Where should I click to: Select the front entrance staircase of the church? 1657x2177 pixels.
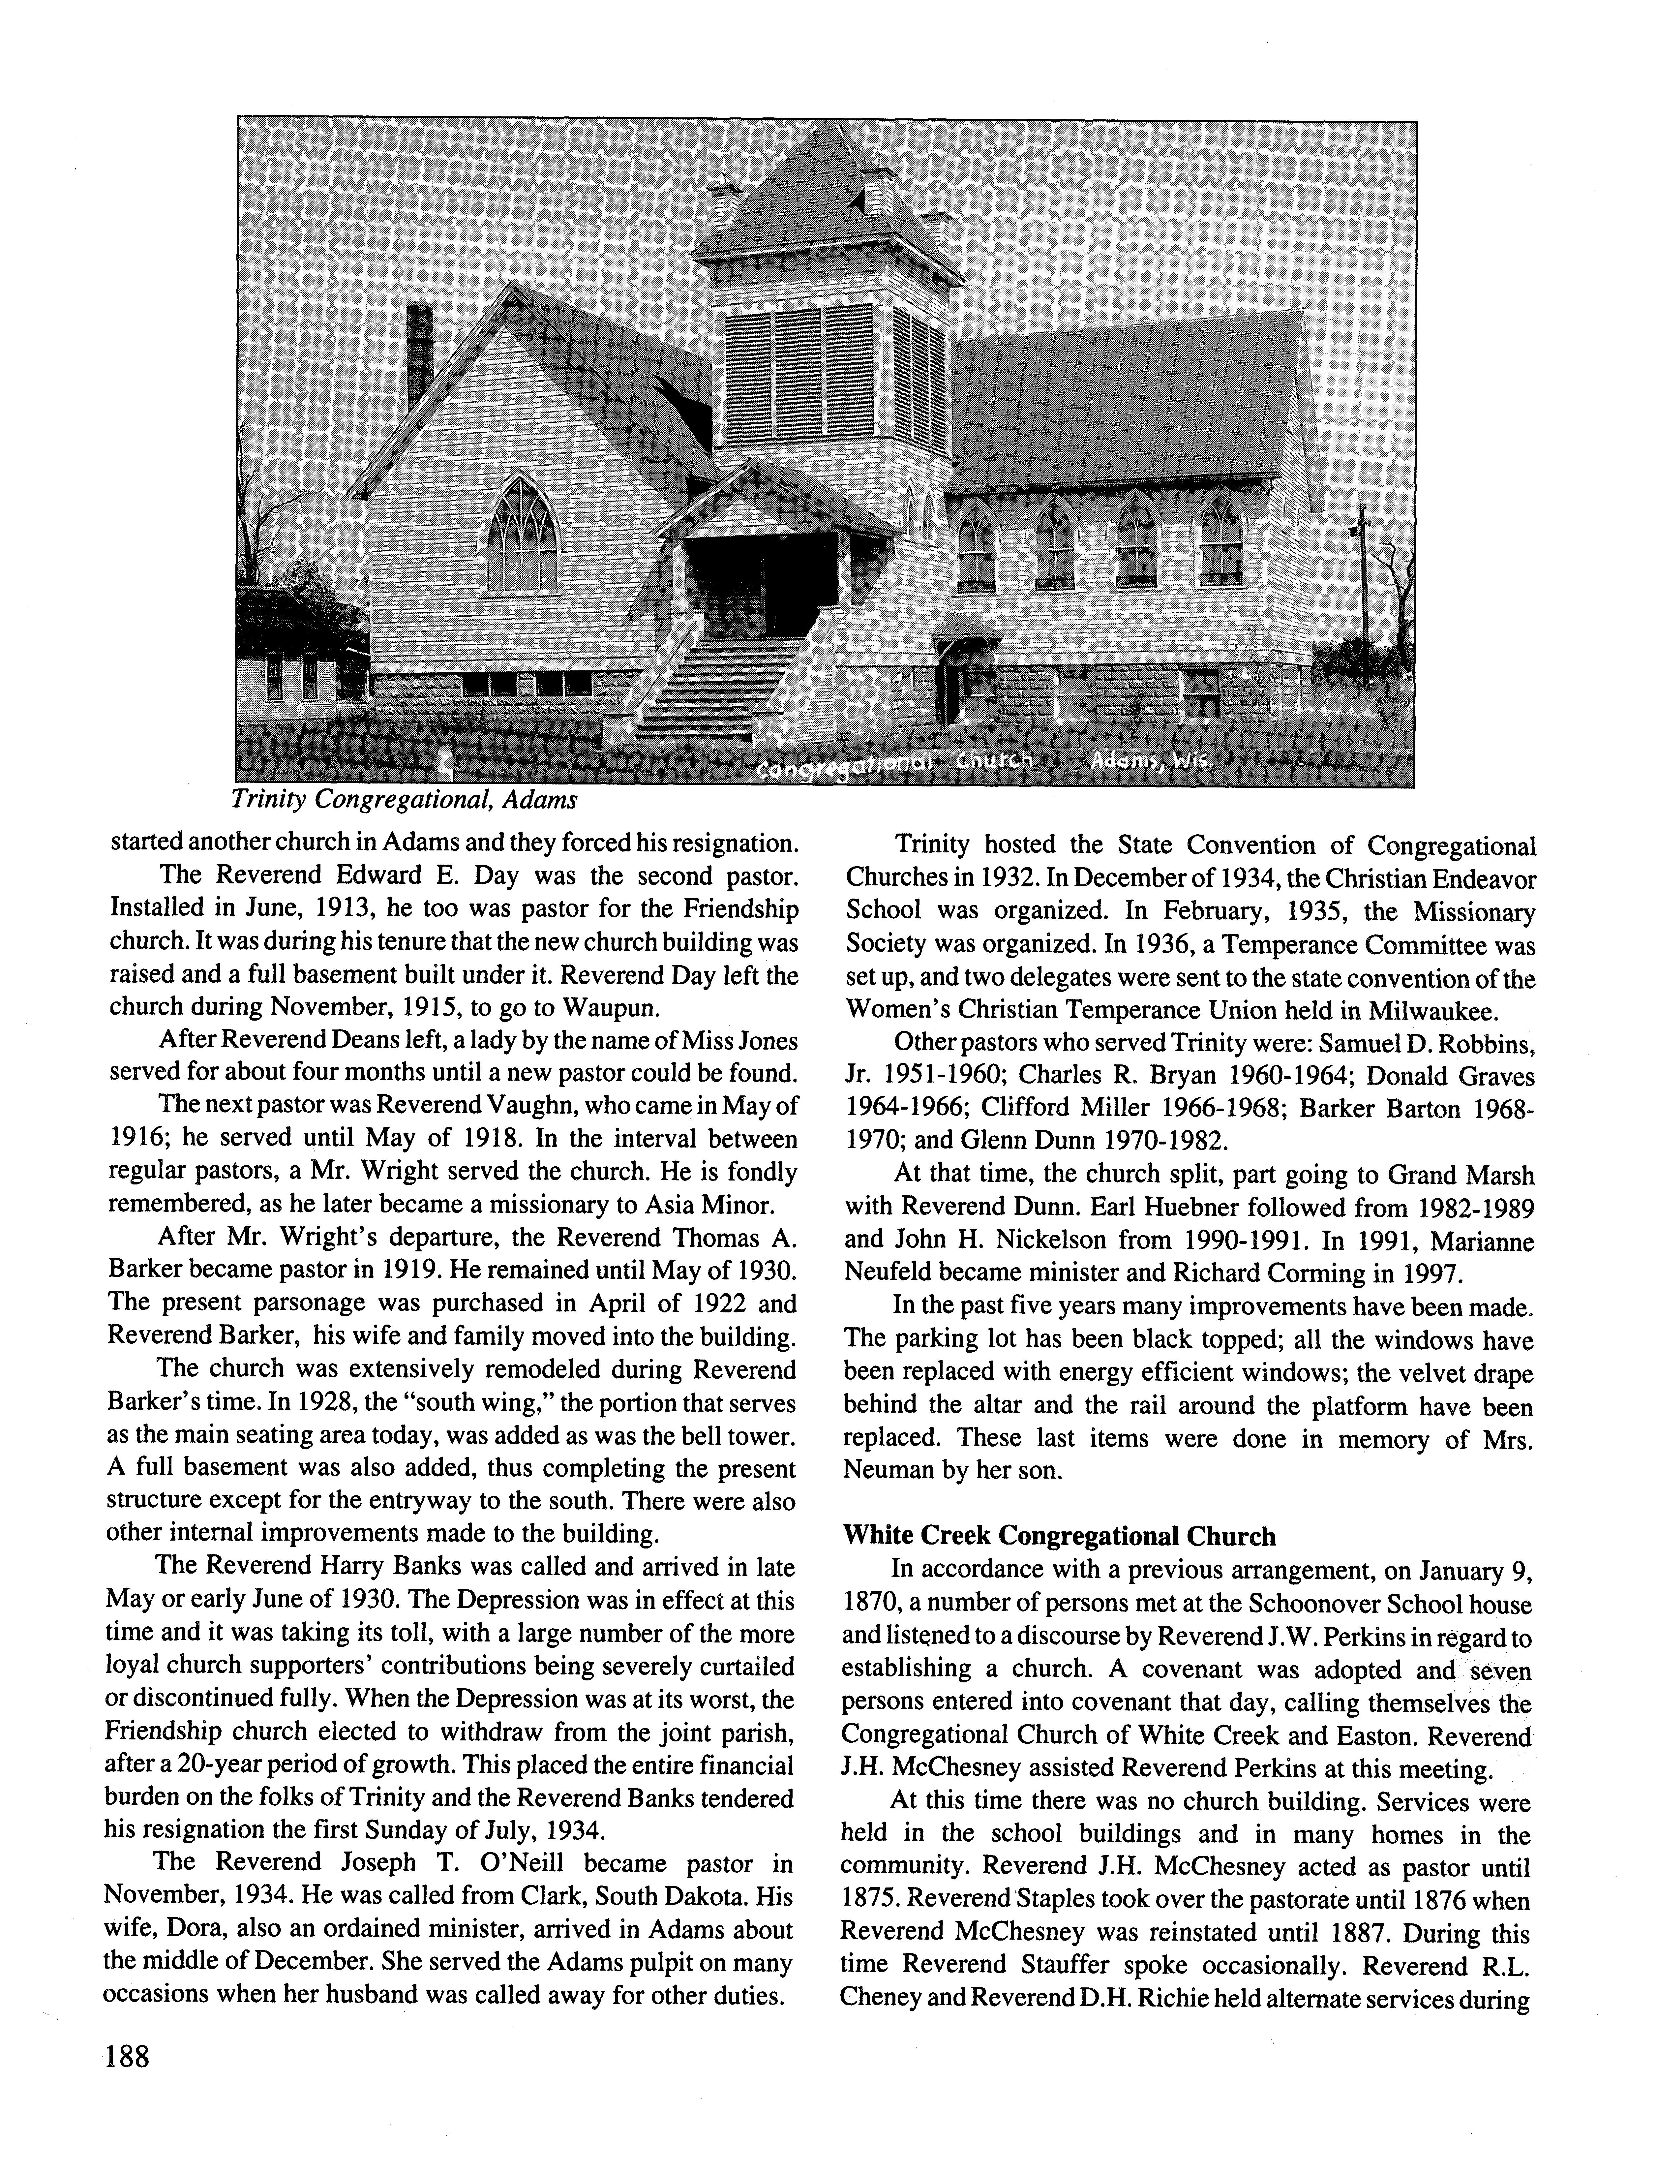[x=720, y=686]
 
